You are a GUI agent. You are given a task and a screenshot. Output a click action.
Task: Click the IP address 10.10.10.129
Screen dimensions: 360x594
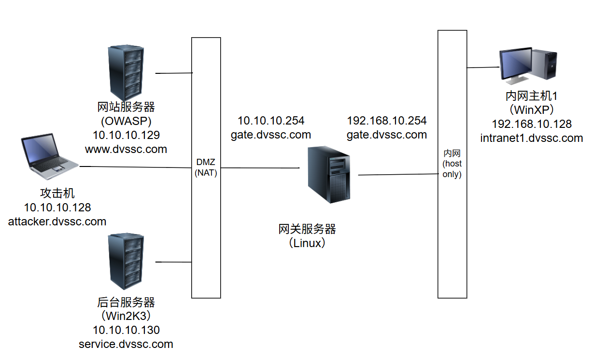pyautogui.click(x=126, y=135)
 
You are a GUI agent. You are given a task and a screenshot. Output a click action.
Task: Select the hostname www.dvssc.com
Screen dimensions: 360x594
pyautogui.click(x=126, y=149)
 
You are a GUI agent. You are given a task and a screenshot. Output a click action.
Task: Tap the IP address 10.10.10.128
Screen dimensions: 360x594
pyautogui.click(x=57, y=208)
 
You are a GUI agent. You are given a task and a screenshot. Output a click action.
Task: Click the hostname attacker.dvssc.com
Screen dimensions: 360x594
pyautogui.click(x=57, y=222)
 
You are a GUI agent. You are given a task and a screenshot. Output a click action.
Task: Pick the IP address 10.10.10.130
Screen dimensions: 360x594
pyautogui.click(x=126, y=330)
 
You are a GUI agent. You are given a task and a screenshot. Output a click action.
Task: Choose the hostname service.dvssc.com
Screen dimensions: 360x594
pyautogui.click(x=126, y=344)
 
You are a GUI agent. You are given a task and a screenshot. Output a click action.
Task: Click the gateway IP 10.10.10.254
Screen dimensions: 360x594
pyautogui.click(x=271, y=120)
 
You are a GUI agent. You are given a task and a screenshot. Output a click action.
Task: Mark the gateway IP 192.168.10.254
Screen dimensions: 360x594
pyautogui.click(x=386, y=120)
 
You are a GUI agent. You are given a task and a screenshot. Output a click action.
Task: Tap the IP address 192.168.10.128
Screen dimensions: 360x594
pyautogui.click(x=532, y=124)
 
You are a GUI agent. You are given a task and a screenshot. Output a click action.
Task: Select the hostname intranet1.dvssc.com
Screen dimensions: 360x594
pyautogui.click(x=532, y=138)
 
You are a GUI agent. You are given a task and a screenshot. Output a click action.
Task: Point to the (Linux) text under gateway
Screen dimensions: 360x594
pyautogui.click(x=308, y=243)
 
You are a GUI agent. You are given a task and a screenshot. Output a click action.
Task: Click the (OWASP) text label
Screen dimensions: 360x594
pyautogui.click(x=126, y=120)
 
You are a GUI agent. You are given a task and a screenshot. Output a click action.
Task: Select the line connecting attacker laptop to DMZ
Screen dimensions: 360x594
pyautogui.click(x=135, y=167)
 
